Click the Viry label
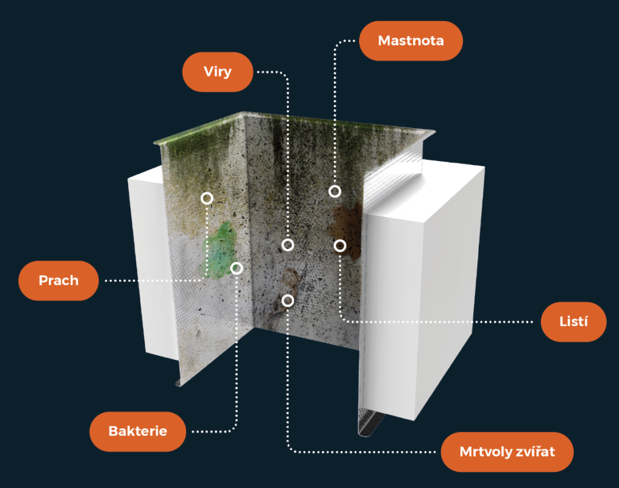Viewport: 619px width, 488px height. click(217, 72)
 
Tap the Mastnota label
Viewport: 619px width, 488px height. click(410, 41)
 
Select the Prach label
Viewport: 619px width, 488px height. click(59, 281)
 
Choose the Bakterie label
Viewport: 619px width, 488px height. click(137, 431)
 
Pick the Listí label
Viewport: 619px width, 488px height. click(574, 322)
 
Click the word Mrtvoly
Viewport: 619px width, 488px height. click(485, 452)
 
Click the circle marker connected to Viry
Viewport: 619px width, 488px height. click(288, 245)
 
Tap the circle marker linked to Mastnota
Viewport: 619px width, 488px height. click(334, 192)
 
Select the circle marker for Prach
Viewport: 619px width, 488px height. click(207, 198)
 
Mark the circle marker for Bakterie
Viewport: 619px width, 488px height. click(237, 268)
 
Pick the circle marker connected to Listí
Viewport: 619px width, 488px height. click(340, 246)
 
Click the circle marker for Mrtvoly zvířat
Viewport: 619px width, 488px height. click(288, 301)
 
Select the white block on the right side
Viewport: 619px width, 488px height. click(429, 290)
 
